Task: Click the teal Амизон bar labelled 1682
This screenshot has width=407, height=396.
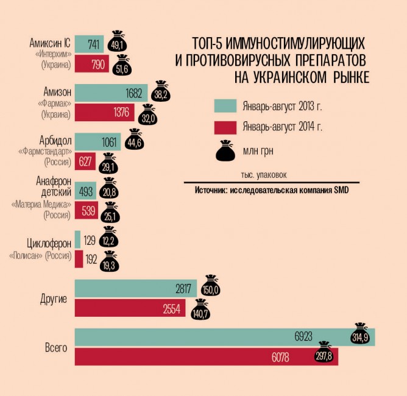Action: coord(110,93)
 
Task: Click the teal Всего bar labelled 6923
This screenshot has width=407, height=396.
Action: coord(224,336)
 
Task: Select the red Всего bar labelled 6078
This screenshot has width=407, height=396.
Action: coord(206,356)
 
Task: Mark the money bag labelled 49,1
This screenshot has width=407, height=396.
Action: coord(116,43)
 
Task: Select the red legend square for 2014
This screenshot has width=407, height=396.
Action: coord(224,127)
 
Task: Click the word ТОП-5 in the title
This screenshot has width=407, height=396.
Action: coord(208,44)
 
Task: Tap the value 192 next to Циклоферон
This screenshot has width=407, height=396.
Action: coord(91,259)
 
